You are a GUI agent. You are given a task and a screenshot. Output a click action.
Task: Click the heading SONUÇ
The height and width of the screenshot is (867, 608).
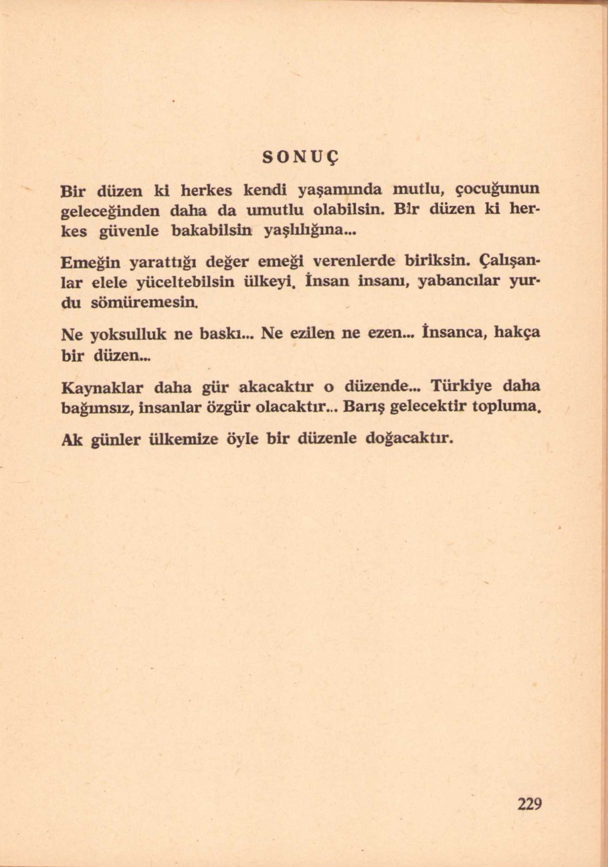click(300, 157)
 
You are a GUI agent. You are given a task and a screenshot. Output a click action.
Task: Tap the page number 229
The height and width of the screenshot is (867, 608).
click(529, 804)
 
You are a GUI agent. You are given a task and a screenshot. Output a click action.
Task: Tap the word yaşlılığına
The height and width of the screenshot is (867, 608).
click(309, 232)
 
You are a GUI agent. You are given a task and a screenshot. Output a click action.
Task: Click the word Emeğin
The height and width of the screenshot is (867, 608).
click(90, 263)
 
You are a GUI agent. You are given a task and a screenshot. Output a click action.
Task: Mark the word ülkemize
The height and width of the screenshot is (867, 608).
click(182, 440)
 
